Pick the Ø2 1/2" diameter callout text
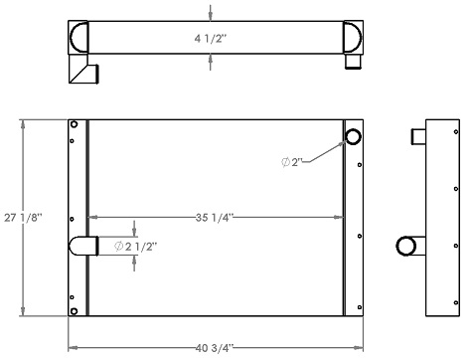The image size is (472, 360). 136,246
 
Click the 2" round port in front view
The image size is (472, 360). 353,136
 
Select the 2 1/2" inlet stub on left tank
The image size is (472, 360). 83,246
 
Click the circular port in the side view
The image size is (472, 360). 407,246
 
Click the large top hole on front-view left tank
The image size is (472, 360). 73,124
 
